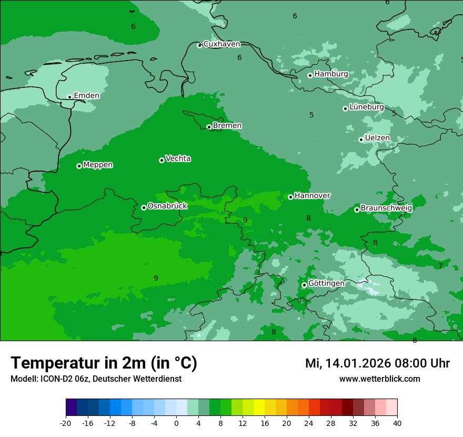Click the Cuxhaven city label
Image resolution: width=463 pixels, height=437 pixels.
pos(222,44)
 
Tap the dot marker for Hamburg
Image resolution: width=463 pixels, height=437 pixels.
pos(310,75)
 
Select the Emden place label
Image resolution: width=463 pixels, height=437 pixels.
pos(86,96)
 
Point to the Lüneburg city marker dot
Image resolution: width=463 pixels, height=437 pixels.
pos(345,108)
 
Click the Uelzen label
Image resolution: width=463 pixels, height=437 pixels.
pos(377,138)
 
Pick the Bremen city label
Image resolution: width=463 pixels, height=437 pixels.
pos(227,126)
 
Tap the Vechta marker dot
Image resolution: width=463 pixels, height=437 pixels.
pos(162,160)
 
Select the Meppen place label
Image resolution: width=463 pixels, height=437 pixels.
pos(98,165)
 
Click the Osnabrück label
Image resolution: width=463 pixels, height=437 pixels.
pos(167,206)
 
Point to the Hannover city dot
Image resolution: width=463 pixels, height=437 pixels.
pos(290,197)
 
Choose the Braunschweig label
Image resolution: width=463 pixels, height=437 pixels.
pos(386,208)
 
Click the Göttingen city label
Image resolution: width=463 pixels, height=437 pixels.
pos(326,284)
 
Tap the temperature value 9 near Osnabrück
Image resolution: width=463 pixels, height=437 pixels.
pos(245,220)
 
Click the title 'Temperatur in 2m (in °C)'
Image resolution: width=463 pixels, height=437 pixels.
pos(104,363)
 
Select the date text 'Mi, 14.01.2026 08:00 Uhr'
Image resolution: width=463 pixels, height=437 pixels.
pos(377,363)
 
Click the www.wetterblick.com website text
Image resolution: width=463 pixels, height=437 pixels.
pos(379,379)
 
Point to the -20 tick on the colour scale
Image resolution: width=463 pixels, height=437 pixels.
pos(66,423)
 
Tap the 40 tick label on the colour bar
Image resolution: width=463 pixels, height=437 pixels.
pos(397,423)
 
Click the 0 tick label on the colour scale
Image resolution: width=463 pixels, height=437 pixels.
pos(176,423)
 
